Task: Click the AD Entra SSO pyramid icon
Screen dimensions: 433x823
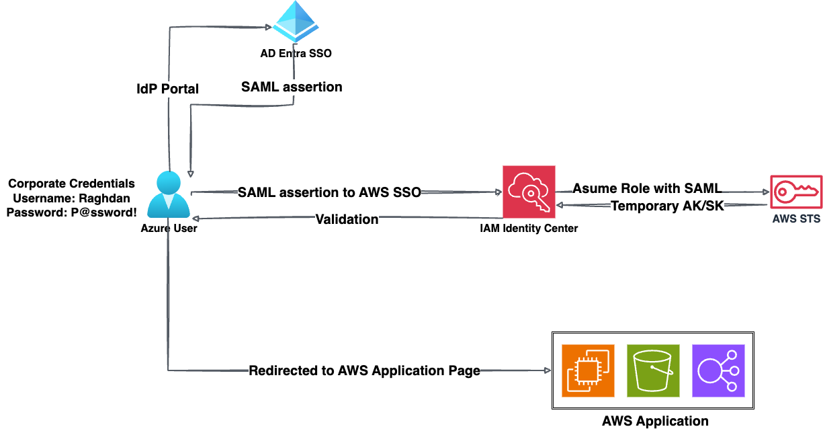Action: (296, 23)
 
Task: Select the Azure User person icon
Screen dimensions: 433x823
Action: (169, 195)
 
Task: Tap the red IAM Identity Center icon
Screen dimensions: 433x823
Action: (529, 192)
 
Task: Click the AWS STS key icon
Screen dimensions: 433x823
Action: (795, 193)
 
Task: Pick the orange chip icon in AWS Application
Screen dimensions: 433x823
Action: (589, 370)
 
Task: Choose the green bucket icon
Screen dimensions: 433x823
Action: (653, 370)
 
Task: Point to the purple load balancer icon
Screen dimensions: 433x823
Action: (718, 370)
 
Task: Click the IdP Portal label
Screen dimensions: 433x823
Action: (167, 89)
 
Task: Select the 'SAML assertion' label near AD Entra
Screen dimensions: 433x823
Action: (292, 87)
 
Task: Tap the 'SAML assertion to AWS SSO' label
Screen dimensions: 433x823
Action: (329, 192)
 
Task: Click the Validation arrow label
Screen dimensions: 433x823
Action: (347, 219)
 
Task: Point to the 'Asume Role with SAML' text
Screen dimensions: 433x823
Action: (647, 189)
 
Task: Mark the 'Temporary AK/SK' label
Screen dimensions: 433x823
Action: (667, 206)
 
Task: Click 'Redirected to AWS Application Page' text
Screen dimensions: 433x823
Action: (364, 370)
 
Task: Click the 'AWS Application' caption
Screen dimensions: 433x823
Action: (654, 422)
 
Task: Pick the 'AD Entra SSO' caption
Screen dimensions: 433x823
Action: (296, 53)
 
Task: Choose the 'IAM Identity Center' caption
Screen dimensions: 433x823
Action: (529, 229)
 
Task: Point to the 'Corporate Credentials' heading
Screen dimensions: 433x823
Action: (71, 184)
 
